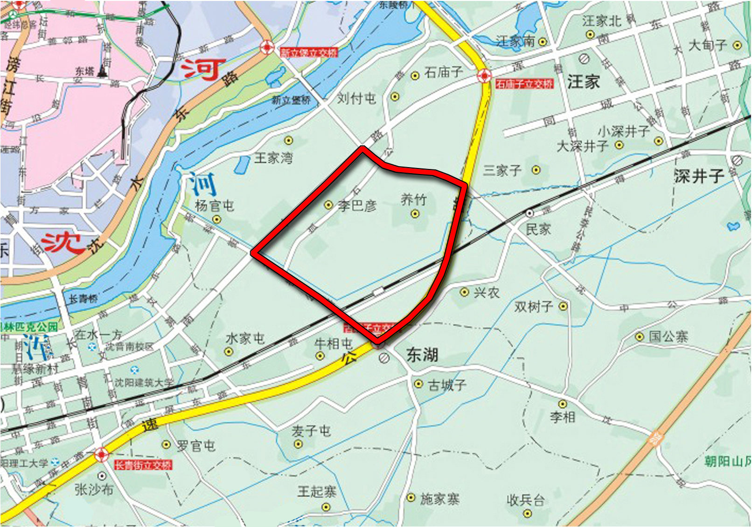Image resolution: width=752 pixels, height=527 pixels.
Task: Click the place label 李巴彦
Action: [357, 205]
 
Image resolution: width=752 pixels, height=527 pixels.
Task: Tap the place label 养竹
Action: [413, 200]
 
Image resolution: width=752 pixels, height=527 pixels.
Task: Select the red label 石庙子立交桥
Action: [524, 84]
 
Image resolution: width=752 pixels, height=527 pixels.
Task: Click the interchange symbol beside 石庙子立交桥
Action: [484, 75]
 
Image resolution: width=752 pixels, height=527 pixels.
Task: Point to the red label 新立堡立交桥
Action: [309, 53]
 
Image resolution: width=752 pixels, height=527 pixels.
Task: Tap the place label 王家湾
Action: [273, 158]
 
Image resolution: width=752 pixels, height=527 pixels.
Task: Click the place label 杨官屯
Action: [214, 205]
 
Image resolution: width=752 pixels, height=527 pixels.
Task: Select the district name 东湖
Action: [422, 355]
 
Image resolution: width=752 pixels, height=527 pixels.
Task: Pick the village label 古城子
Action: [447, 385]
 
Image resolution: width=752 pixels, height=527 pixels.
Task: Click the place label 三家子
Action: [502, 170]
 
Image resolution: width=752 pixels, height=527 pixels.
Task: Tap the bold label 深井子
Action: [699, 176]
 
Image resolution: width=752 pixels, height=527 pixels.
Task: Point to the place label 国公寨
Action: [668, 336]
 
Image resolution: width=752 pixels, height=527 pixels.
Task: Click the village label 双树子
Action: [534, 307]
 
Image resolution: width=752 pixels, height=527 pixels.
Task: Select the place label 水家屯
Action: [245, 338]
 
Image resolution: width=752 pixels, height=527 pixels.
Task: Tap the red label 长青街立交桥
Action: [143, 465]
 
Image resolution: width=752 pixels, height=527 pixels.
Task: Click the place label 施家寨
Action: [439, 499]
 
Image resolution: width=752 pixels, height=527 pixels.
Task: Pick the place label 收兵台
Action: [526, 500]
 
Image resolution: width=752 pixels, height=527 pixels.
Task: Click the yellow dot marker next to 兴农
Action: [464, 292]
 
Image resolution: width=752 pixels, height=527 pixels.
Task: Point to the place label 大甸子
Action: [708, 45]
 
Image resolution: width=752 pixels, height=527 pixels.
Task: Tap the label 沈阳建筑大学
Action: [144, 383]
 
